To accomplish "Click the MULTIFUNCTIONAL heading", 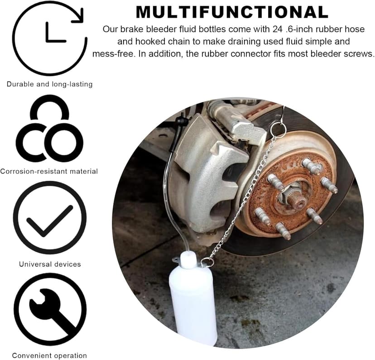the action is [x=232, y=12].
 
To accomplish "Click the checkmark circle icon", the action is [x=50, y=218].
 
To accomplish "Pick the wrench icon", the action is [x=50, y=310].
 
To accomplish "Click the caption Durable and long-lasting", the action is [x=49, y=84].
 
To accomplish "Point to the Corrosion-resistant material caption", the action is [x=49, y=171].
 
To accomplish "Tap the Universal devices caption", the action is [x=50, y=264].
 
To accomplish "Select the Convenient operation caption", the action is [x=49, y=355].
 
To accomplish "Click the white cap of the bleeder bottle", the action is [x=188, y=260].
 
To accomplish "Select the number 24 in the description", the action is [x=278, y=29].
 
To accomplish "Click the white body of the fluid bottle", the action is [x=193, y=303].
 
